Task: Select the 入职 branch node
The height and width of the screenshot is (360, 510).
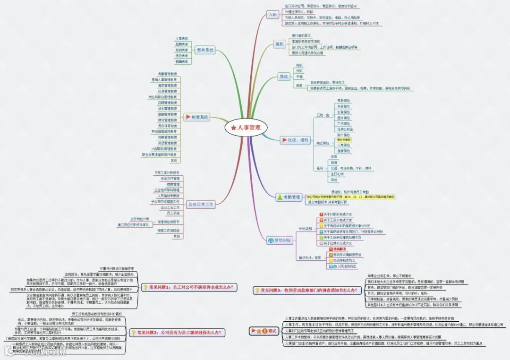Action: click(x=272, y=15)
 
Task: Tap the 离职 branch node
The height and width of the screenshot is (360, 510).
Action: click(x=280, y=44)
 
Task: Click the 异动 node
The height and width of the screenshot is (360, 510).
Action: click(x=283, y=77)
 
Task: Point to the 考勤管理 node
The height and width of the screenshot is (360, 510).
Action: click(x=289, y=197)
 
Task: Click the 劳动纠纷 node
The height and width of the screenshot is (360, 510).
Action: click(x=280, y=240)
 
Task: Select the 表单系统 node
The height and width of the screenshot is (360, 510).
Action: click(x=204, y=50)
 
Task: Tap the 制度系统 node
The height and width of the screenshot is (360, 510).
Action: click(x=197, y=117)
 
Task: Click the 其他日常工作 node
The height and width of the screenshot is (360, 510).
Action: click(x=201, y=205)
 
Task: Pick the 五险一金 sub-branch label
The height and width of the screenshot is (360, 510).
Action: click(x=323, y=115)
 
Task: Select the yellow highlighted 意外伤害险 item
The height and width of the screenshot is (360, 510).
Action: click(x=344, y=140)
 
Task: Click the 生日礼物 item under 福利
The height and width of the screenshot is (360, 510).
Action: click(x=338, y=174)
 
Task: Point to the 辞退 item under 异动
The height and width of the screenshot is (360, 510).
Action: click(x=299, y=86)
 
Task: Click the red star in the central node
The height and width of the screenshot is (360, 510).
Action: click(x=234, y=128)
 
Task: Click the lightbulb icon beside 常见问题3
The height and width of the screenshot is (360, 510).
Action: click(x=257, y=291)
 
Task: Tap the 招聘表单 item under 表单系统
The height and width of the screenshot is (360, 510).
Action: click(x=182, y=44)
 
